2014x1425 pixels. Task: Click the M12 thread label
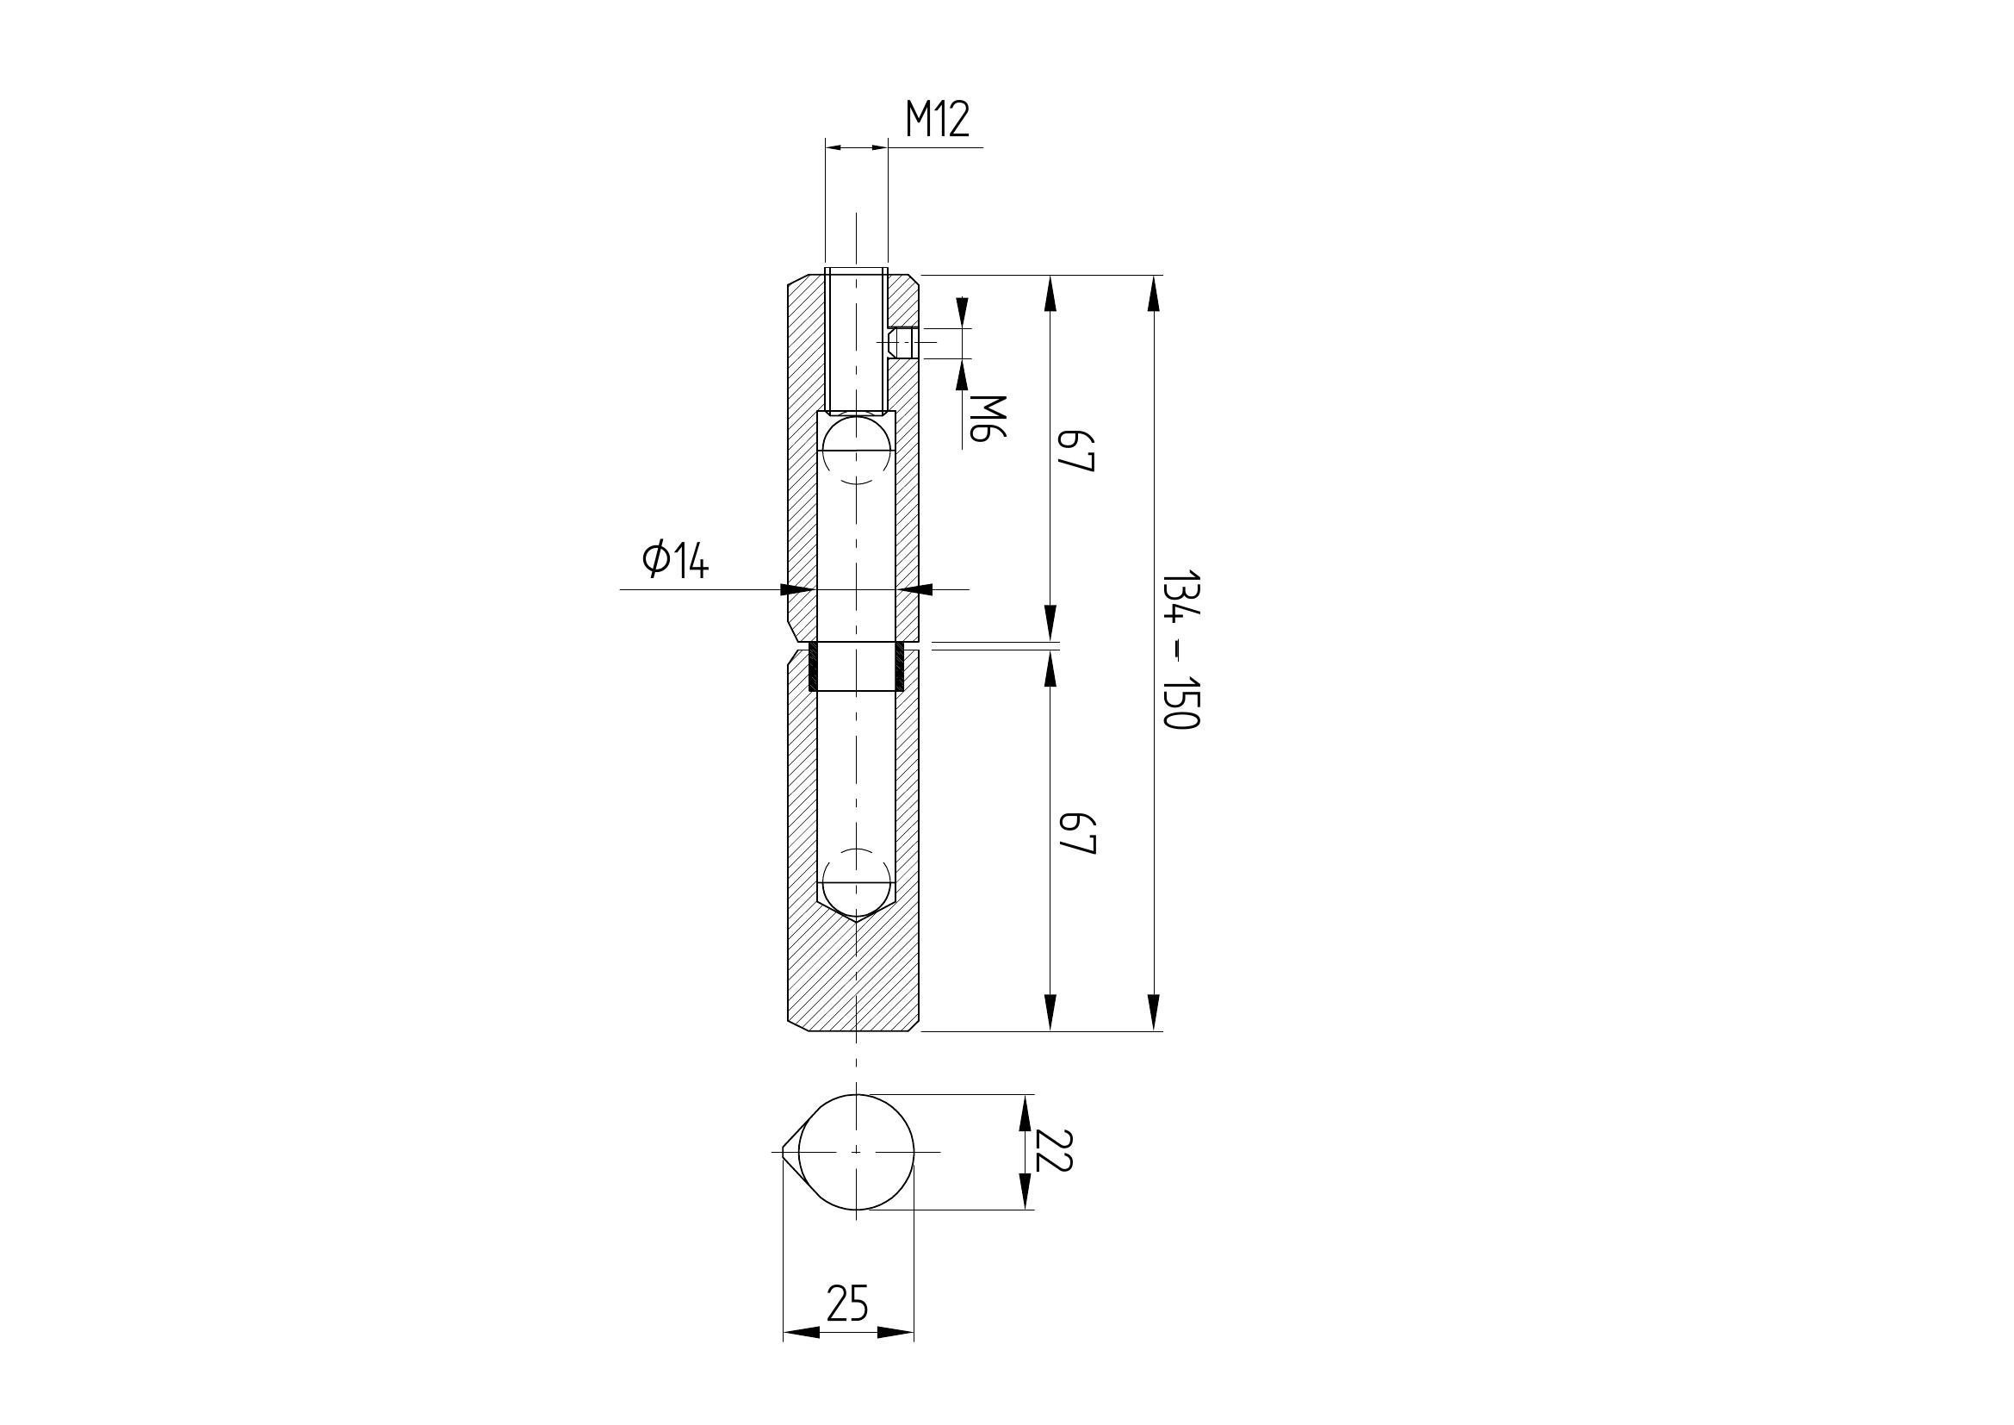(x=938, y=120)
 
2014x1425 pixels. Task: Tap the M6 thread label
(x=988, y=417)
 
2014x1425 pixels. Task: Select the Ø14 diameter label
(x=674, y=560)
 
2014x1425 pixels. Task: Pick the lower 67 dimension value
(x=1076, y=834)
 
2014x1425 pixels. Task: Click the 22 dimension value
(x=1053, y=1150)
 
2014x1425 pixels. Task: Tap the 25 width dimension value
(x=847, y=1303)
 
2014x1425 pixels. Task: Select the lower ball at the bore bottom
(x=856, y=883)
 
